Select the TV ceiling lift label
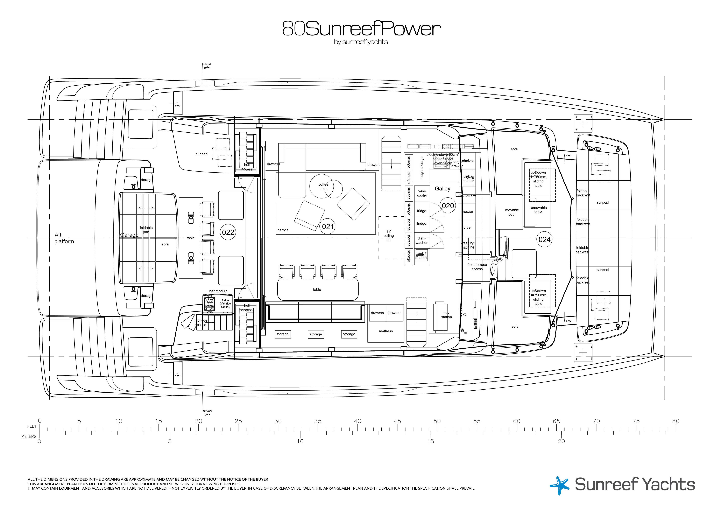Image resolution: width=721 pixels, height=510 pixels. [388, 236]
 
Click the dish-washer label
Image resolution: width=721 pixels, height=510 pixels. [421, 240]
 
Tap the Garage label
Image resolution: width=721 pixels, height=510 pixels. [129, 235]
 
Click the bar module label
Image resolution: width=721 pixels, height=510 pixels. [218, 291]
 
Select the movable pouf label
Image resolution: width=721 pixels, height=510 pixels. [512, 212]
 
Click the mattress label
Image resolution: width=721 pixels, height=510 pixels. [386, 331]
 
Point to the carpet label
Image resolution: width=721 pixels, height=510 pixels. [283, 230]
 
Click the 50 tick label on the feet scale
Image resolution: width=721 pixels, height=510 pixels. [437, 421]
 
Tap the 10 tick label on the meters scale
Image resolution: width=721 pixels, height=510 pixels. [300, 441]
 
